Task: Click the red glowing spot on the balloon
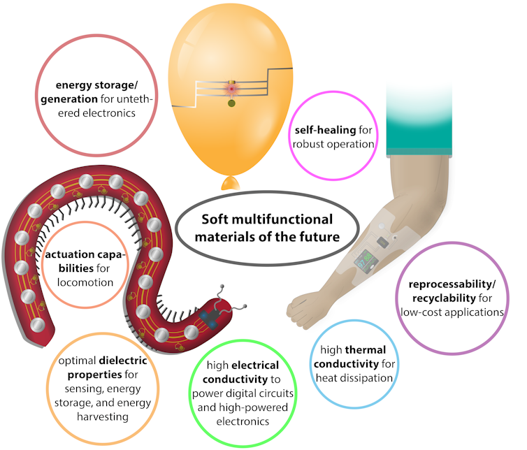click(x=231, y=89)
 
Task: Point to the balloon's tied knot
click(x=230, y=183)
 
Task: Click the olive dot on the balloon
click(x=231, y=104)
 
